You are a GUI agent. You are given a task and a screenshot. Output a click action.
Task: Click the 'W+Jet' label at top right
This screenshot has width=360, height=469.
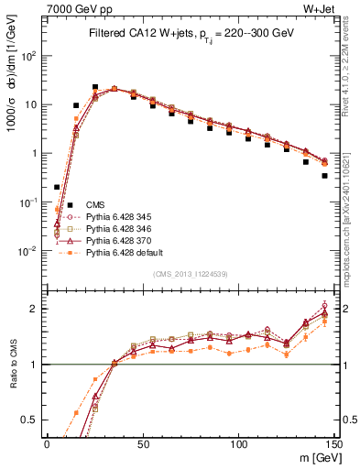click(x=335, y=9)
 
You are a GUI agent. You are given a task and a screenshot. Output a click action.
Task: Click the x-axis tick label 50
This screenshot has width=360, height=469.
click(x=143, y=442)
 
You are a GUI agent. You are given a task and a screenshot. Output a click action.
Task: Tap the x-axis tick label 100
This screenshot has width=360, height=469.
click(x=238, y=442)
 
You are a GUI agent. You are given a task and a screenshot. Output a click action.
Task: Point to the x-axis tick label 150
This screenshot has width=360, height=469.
click(x=333, y=442)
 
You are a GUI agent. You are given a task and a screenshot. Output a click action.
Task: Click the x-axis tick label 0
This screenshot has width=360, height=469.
click(x=48, y=442)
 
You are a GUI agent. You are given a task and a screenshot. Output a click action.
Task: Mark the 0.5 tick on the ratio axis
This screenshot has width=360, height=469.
click(x=35, y=420)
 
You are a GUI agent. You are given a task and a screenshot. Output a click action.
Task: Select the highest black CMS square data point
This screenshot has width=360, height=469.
click(x=95, y=88)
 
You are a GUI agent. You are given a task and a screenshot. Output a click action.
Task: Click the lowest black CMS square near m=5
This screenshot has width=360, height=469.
click(x=57, y=187)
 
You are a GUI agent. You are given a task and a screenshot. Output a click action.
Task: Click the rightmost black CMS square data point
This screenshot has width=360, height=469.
click(x=324, y=176)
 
